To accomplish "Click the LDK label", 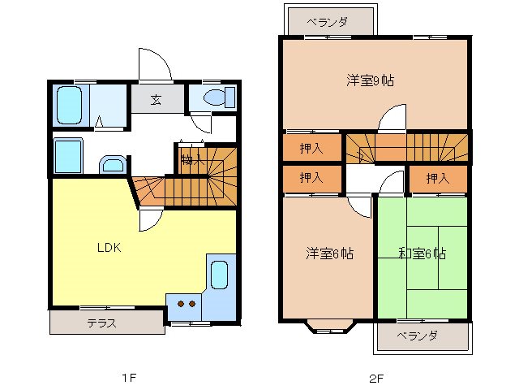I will pos(109,248).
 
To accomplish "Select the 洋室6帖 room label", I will pos(329,253).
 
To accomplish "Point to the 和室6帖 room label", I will pos(422,253).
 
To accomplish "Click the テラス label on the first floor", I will pos(102,323).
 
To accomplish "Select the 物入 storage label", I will pos(191,159).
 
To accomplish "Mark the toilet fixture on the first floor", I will pos(214,98).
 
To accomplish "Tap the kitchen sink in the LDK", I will pos(219,275).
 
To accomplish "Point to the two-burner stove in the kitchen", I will pos(187,305).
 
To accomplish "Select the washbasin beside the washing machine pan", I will pos(112,165).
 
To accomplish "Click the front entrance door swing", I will pos(155,65).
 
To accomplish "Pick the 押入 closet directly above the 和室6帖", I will pos(437,177).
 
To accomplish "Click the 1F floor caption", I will pos(128,378).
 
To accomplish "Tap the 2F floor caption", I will pos(375,378).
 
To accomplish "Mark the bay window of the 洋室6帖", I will pos(328,327).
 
